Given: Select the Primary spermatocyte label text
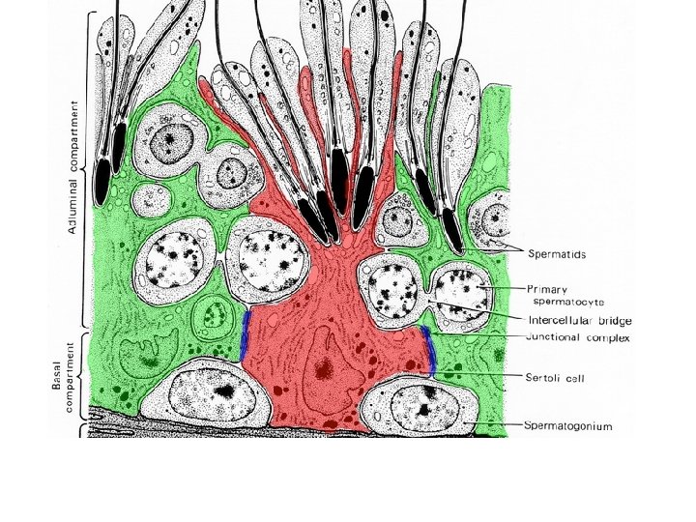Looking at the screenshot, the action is (570, 294).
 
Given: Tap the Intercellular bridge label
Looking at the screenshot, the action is (580, 320).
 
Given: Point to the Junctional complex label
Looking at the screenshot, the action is (577, 338).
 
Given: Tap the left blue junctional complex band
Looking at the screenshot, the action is (245, 334).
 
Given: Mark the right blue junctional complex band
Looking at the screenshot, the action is (428, 351).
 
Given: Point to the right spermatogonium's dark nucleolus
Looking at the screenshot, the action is (422, 410).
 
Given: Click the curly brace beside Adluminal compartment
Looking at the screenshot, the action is (90, 169).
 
